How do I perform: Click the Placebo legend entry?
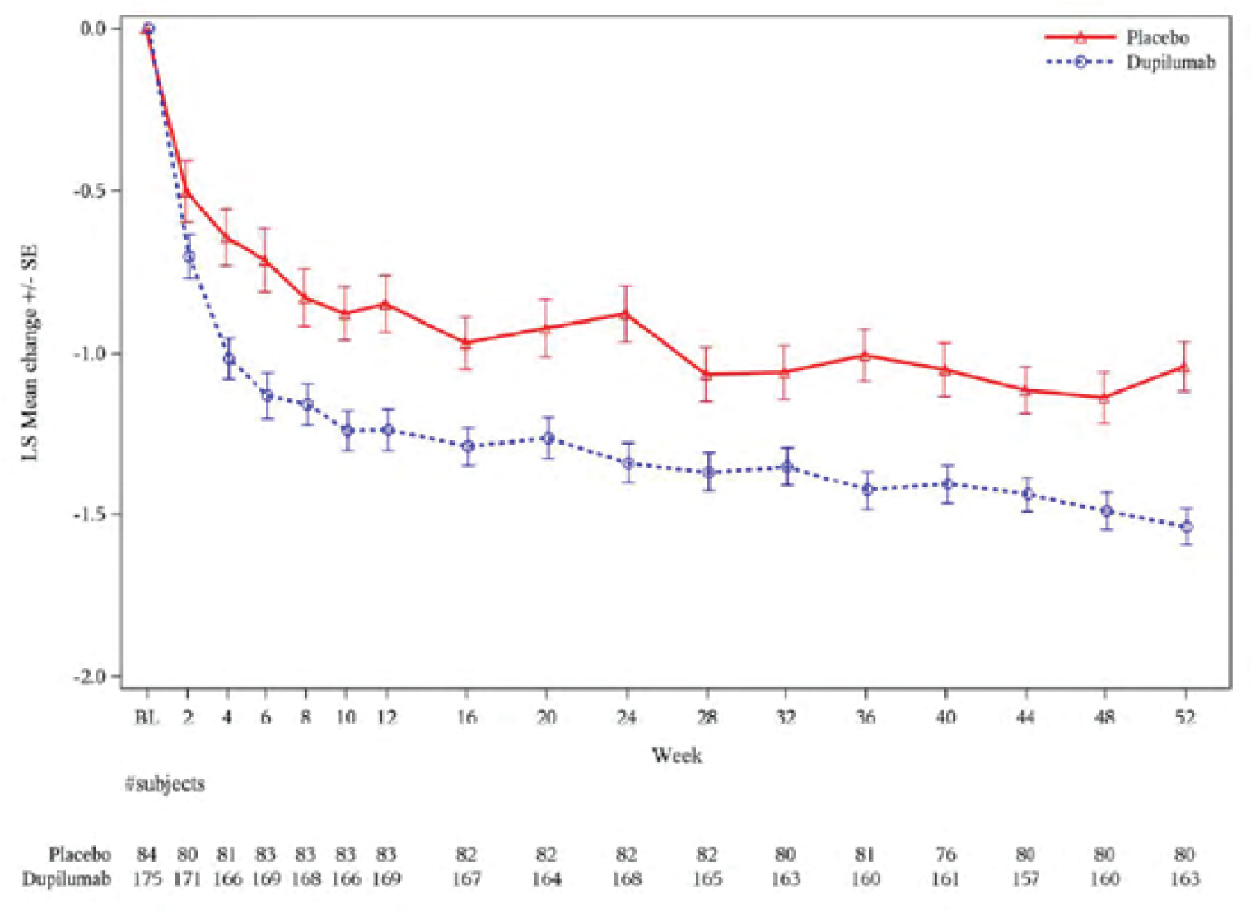[1156, 38]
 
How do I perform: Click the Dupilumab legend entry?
[1169, 63]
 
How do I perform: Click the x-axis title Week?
[676, 755]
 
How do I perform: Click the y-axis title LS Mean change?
[30, 354]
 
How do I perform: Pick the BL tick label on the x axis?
[147, 717]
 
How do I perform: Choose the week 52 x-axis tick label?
[1184, 717]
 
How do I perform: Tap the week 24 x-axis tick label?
[627, 717]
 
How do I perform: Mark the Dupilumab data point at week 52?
[1186, 526]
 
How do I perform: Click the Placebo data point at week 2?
[187, 191]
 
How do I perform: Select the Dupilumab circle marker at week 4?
[229, 359]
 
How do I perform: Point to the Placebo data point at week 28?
[707, 374]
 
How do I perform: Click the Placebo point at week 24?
[627, 314]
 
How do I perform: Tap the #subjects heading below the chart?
[165, 783]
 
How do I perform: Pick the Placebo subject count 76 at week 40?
[945, 855]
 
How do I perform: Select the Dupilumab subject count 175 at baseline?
[147, 879]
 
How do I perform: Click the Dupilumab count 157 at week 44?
[1025, 879]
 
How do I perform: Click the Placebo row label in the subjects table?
[79, 855]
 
